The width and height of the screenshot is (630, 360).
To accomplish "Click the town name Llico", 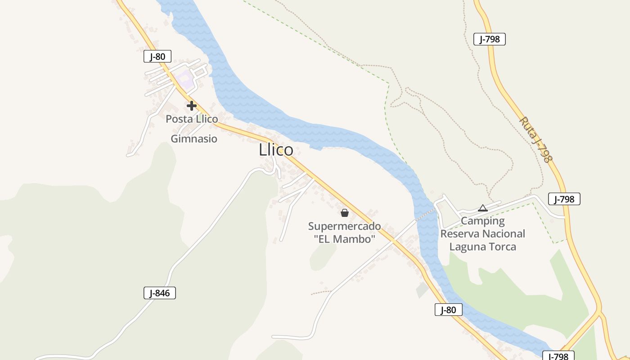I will (276, 150).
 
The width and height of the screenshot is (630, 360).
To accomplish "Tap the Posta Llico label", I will (192, 119).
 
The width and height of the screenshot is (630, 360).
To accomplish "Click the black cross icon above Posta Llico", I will (192, 106).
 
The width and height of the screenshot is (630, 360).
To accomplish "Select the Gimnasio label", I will (194, 139).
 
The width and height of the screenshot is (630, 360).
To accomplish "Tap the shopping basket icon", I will (345, 213).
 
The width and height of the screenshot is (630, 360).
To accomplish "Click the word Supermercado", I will (344, 226).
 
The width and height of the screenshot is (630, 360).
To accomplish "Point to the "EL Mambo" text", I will (344, 239).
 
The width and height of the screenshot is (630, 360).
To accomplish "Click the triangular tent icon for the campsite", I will (483, 208).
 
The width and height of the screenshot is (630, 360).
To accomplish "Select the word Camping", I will (483, 221).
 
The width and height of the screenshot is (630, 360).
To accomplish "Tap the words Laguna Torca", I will (483, 247).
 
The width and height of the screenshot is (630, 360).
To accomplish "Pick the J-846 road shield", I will (160, 293).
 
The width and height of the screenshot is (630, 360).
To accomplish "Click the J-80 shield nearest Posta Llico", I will (157, 57).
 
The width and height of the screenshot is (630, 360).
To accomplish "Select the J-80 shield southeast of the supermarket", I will (449, 310).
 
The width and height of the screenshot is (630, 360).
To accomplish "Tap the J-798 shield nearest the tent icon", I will (564, 199).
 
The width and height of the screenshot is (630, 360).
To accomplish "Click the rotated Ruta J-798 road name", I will (535, 139).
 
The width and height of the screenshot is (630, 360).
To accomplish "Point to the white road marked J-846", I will (189, 252).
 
